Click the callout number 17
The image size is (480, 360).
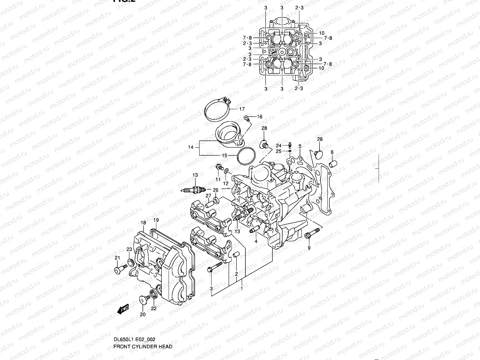tap(242, 109)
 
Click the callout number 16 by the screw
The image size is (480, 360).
tap(259, 117)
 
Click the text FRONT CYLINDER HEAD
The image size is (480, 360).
tap(143, 346)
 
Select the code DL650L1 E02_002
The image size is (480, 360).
tap(134, 339)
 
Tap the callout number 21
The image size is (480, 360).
tap(117, 258)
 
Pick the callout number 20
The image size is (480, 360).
tap(143, 314)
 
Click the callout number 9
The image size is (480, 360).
tap(309, 248)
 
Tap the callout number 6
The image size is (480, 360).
tap(332, 152)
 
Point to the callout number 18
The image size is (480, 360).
tap(143, 223)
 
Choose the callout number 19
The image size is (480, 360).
tap(156, 220)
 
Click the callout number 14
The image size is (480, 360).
tap(191, 147)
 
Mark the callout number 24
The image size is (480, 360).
tap(278, 145)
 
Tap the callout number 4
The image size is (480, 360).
tap(256, 241)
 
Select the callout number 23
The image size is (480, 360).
tap(129, 249)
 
